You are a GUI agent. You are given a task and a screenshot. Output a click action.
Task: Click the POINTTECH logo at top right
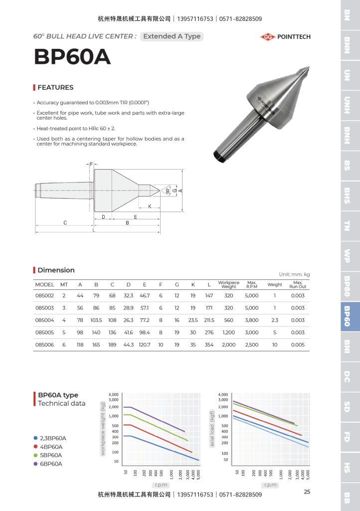pos(285,36)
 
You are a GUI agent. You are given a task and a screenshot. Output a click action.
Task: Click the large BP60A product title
pos(72,57)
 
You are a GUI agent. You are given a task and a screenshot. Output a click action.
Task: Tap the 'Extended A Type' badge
pos(172,36)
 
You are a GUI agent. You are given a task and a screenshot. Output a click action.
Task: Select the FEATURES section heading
pos(55,87)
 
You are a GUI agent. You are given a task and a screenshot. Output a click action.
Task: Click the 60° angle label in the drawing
pos(168,191)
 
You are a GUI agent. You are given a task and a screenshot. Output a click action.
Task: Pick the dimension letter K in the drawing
pos(150,206)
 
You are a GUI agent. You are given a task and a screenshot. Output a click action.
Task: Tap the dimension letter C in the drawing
pos(65,223)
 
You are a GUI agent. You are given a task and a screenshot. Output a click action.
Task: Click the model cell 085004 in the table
pos(44,320)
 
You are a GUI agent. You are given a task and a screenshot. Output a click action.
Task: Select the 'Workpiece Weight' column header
pos(229,284)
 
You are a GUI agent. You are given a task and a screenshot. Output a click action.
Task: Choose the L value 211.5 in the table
pos(209,320)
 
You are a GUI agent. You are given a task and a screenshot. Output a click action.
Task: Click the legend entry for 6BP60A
pos(51,464)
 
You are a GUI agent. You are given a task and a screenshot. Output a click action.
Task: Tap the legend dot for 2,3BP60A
pos(35,438)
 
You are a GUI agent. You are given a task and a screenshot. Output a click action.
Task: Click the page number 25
pos(307,492)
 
